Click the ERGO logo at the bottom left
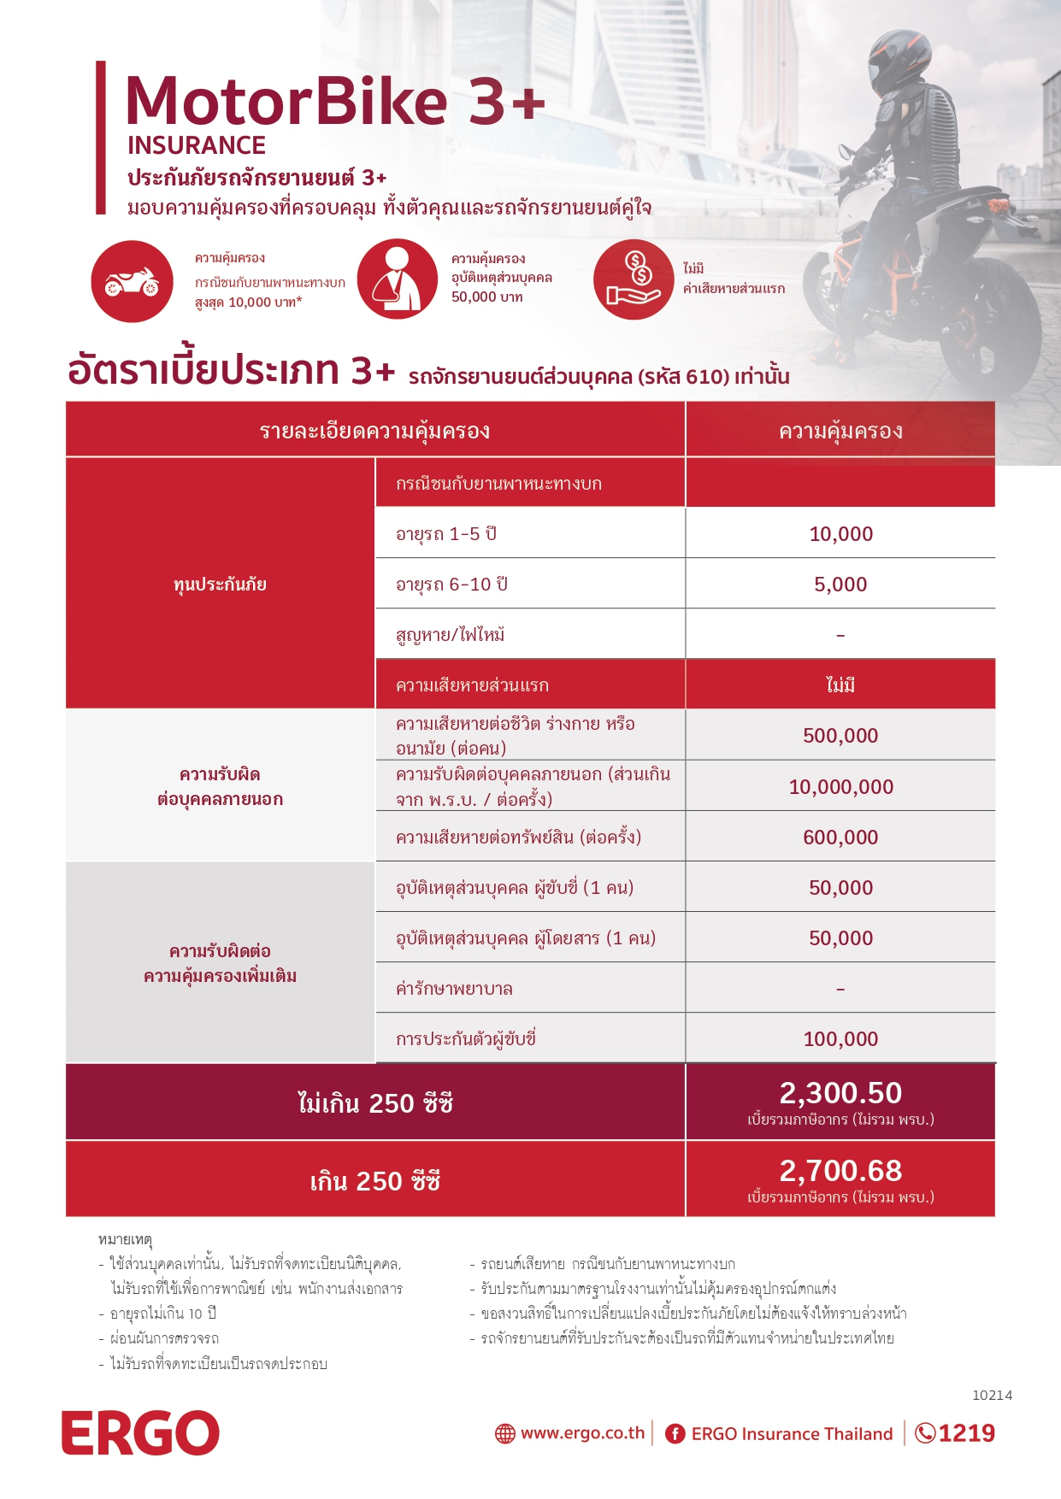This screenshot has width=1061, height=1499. [x=140, y=1432]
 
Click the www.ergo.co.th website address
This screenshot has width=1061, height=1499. [x=582, y=1433]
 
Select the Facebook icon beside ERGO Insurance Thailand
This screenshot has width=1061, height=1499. [x=675, y=1434]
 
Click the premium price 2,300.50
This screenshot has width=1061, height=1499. [x=840, y=1093]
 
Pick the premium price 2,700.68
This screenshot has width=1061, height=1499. [x=840, y=1171]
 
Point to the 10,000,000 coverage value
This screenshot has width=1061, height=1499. [x=840, y=786]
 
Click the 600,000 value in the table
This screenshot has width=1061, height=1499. [x=840, y=838]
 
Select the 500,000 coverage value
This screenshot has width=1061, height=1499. [x=840, y=736]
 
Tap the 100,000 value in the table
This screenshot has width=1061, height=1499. [x=840, y=1039]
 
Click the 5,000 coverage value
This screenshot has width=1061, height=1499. [x=840, y=585]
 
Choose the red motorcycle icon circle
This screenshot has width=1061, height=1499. [x=133, y=281]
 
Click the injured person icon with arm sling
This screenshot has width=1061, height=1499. [x=398, y=279]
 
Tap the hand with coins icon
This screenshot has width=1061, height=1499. [x=634, y=279]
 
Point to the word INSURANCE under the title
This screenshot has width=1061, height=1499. [x=197, y=145]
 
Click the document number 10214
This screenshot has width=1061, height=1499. [x=992, y=1396]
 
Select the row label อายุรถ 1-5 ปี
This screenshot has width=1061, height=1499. [x=446, y=534]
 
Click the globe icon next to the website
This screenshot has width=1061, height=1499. [x=505, y=1434]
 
